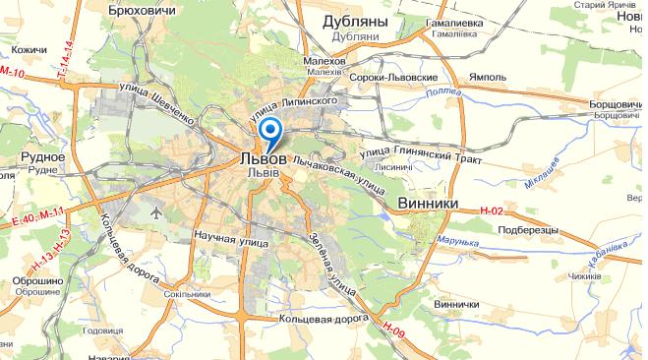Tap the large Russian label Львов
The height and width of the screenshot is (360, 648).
coord(264,158)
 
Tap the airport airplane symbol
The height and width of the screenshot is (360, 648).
coord(155,211)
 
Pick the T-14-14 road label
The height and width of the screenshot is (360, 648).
coord(64,62)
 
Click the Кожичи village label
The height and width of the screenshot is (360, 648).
coord(30,49)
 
